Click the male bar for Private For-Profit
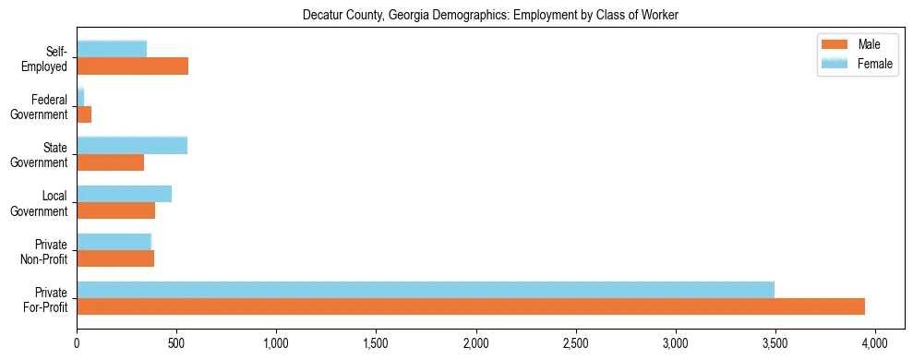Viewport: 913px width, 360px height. pyautogui.click(x=471, y=306)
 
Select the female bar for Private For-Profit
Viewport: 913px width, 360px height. pyautogui.click(x=426, y=290)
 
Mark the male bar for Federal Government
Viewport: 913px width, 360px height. pyautogui.click(x=84, y=114)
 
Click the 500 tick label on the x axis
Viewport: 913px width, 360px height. pyautogui.click(x=176, y=342)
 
